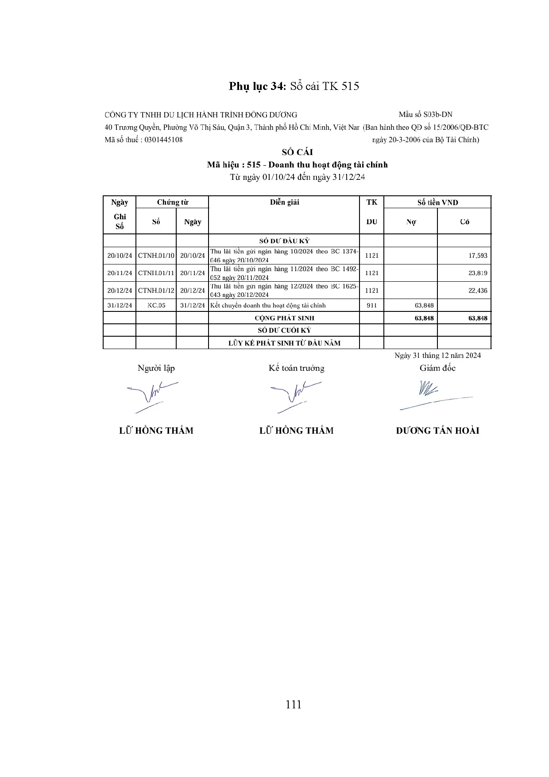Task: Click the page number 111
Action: click(294, 704)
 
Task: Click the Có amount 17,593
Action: click(478, 256)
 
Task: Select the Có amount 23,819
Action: click(478, 273)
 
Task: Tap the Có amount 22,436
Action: click(478, 291)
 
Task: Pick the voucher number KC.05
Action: click(156, 305)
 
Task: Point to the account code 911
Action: click(371, 305)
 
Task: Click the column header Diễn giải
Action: click(284, 202)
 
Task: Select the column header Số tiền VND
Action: click(437, 202)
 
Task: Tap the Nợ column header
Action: click(410, 222)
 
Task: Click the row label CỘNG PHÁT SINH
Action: click(284, 318)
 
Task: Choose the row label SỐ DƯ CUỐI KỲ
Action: click(284, 330)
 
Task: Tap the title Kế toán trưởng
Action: click(296, 368)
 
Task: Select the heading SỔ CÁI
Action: click(297, 152)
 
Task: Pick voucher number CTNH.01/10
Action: click(156, 256)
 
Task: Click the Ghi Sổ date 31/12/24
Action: click(120, 305)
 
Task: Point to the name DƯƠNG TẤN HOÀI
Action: click(437, 431)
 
